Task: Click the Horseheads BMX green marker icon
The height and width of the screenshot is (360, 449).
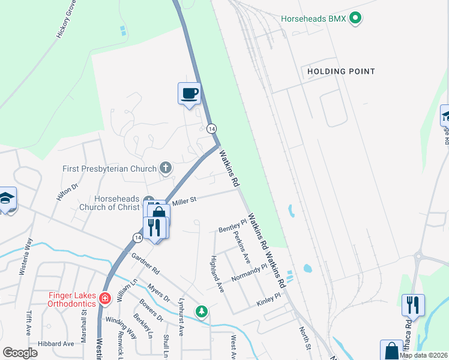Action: pos(355,19)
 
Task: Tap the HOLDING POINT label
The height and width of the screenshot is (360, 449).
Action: pos(341,71)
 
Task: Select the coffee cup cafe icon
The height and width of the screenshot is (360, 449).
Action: pos(189,94)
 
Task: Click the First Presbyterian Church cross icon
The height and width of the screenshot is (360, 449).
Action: pos(166,169)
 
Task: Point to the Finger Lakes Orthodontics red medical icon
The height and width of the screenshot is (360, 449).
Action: pos(105,298)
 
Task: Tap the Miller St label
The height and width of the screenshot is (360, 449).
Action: pos(185,201)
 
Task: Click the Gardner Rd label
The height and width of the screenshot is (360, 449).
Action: pos(146,262)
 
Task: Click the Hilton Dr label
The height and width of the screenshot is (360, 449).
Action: pos(68,196)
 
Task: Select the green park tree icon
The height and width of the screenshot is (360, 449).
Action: pos(203,311)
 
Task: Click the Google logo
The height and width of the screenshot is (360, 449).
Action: pos(20,353)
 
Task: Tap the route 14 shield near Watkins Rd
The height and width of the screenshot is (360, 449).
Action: pos(211,128)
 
